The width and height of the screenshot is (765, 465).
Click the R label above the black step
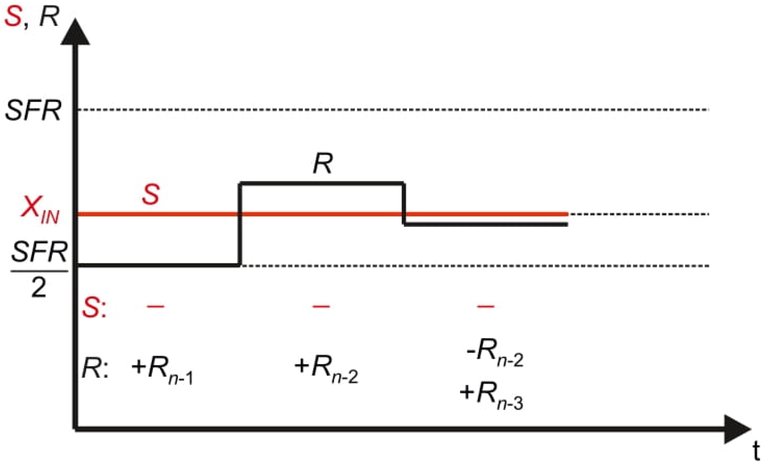point(323,164)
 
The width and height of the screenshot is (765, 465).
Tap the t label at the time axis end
point(756,452)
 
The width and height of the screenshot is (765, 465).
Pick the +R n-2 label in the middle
point(326,369)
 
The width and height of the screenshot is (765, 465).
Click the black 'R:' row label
point(95,368)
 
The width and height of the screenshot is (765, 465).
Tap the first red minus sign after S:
point(156,306)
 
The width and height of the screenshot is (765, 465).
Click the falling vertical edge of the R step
point(403,203)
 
